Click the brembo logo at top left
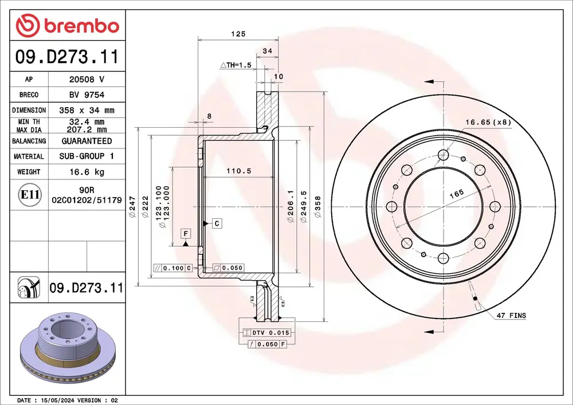67,26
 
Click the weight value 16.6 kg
87,172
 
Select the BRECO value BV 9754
87,95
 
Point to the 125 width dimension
238,34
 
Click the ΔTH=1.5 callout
236,66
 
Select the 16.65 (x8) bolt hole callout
488,122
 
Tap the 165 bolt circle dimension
456,194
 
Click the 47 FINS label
511,316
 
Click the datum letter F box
186,233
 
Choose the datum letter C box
217,223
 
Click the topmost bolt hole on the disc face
442,155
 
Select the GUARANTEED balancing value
87,141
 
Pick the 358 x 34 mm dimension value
87,110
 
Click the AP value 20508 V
87,80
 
